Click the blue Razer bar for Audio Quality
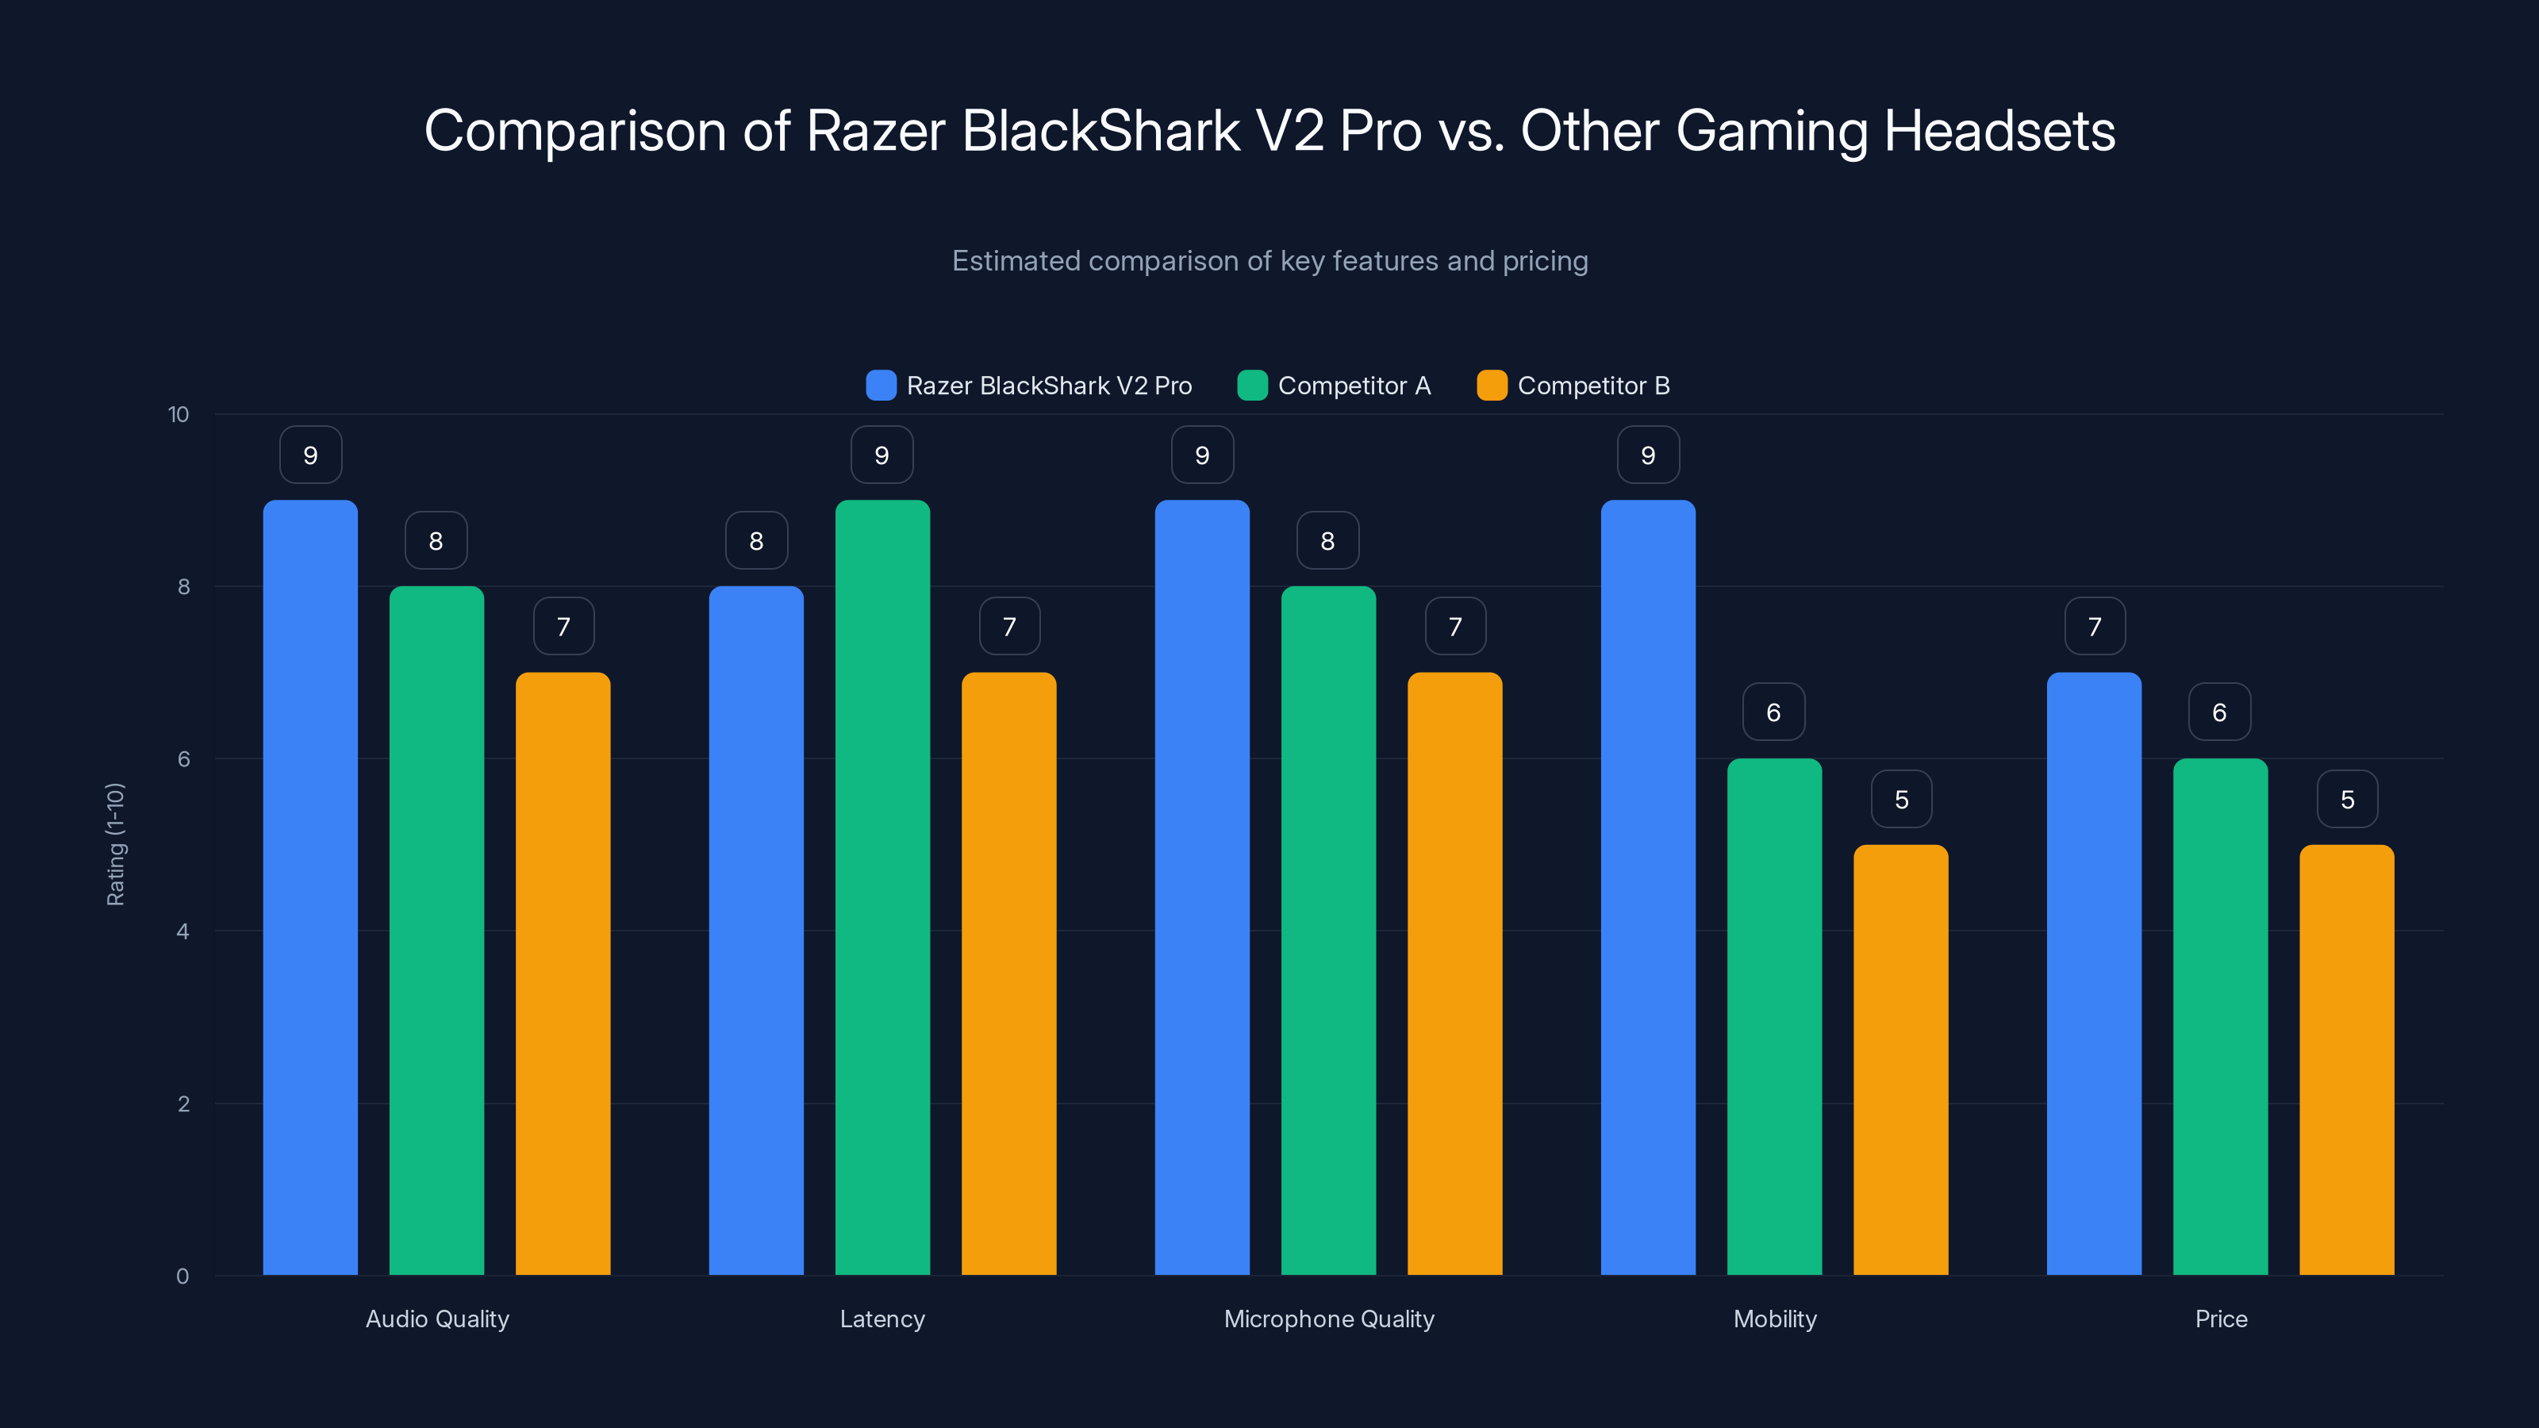(309, 887)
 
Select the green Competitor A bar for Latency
(882, 887)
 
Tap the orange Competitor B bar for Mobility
(1900, 1059)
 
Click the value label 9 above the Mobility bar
(1648, 455)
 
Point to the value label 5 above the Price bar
(2347, 799)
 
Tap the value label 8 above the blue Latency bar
(756, 541)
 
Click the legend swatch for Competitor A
(1252, 386)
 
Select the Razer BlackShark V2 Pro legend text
(1049, 386)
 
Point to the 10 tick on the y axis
(179, 414)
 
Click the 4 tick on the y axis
(182, 931)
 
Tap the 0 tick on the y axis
(182, 1276)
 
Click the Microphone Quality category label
(1329, 1319)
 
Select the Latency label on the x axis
(882, 1319)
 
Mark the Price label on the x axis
(2221, 1319)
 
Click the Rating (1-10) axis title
(115, 845)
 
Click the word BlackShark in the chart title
(1100, 131)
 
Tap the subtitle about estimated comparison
(1269, 261)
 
